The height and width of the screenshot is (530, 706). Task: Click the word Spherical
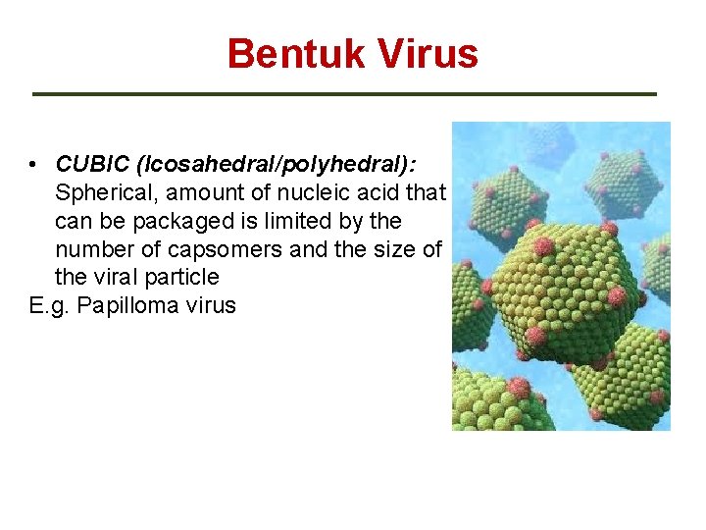point(103,191)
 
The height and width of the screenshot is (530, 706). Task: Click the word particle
point(184,277)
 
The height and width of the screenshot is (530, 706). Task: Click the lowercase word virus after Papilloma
point(207,305)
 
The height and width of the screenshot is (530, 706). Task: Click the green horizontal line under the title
point(344,94)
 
